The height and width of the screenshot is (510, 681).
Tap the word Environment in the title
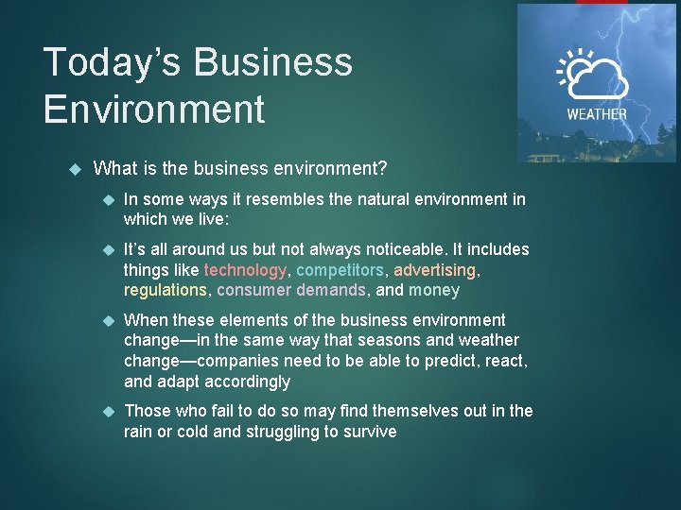(x=154, y=109)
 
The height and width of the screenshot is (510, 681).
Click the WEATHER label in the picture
(x=596, y=114)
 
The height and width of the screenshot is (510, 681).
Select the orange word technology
(x=246, y=270)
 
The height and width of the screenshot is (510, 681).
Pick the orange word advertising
(x=435, y=270)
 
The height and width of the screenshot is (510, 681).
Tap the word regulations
(x=165, y=290)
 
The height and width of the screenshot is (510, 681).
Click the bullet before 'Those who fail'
(x=108, y=411)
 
